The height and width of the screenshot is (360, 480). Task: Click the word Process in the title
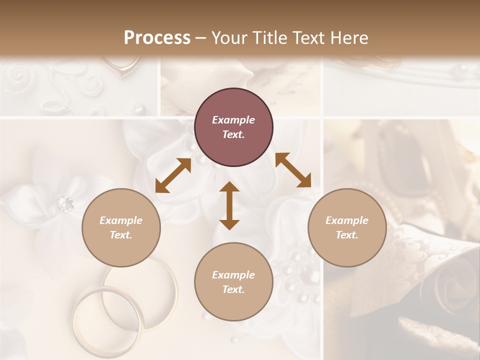[x=157, y=38]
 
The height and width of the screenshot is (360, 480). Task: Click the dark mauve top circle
[x=233, y=127]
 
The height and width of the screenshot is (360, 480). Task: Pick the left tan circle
[x=121, y=227]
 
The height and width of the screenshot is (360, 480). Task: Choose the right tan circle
[x=347, y=227]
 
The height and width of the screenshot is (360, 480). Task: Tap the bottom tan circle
[x=233, y=282]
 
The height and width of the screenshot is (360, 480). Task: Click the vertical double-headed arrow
[x=229, y=205]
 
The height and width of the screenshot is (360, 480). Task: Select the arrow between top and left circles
[x=173, y=175]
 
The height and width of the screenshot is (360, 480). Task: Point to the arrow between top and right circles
[x=293, y=170]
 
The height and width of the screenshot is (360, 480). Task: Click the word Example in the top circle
[x=233, y=120]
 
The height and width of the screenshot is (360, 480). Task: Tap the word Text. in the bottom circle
[x=233, y=289]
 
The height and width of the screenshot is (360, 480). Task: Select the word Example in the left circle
[x=121, y=220]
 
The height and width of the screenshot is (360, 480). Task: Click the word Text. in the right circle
[x=347, y=235]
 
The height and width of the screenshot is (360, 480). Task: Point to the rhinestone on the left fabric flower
[x=65, y=203]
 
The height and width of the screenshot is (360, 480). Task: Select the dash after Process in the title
[x=201, y=38]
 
